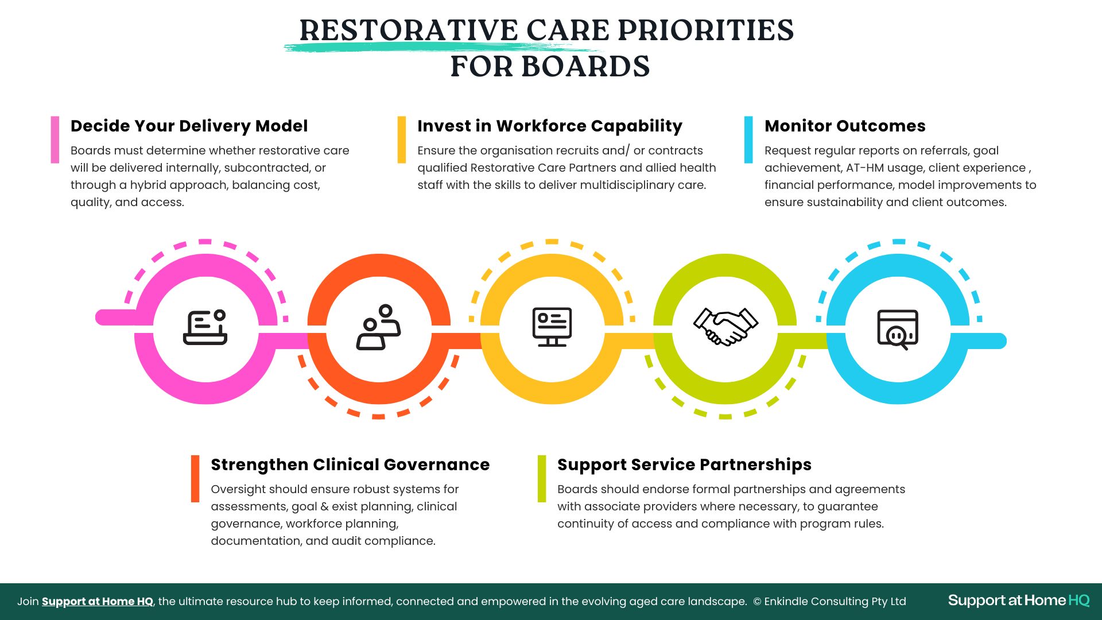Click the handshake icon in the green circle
click(725, 327)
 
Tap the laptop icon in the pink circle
click(205, 327)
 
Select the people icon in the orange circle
click(379, 327)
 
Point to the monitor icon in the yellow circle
click(552, 327)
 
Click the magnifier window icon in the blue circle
click(898, 330)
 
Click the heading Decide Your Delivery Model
click(189, 126)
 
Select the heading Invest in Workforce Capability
click(550, 126)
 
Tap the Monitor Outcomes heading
click(845, 126)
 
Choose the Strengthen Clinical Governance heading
click(350, 464)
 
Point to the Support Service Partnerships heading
click(684, 465)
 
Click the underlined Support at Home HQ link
click(98, 601)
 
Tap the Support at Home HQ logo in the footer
click(1019, 600)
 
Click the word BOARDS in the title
click(586, 67)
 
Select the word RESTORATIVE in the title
click(409, 30)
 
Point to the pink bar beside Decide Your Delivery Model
click(55, 140)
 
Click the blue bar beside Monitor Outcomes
click(748, 140)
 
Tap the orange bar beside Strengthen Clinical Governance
click(195, 479)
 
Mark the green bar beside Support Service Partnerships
click(542, 479)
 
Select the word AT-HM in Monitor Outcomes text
click(864, 168)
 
